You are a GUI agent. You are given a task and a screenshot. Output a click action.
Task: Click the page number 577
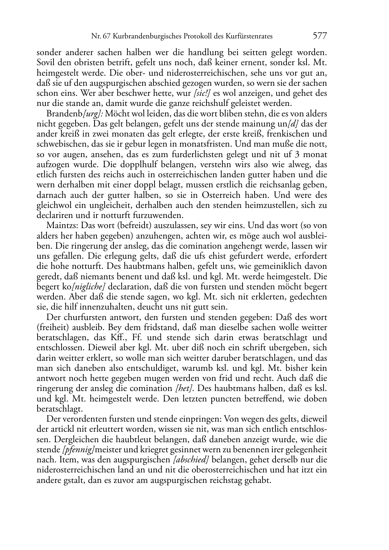(x=320, y=36)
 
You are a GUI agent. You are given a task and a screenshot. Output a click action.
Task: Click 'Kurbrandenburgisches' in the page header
(x=142, y=36)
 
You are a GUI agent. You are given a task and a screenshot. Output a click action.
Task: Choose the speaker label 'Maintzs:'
(x=61, y=225)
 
